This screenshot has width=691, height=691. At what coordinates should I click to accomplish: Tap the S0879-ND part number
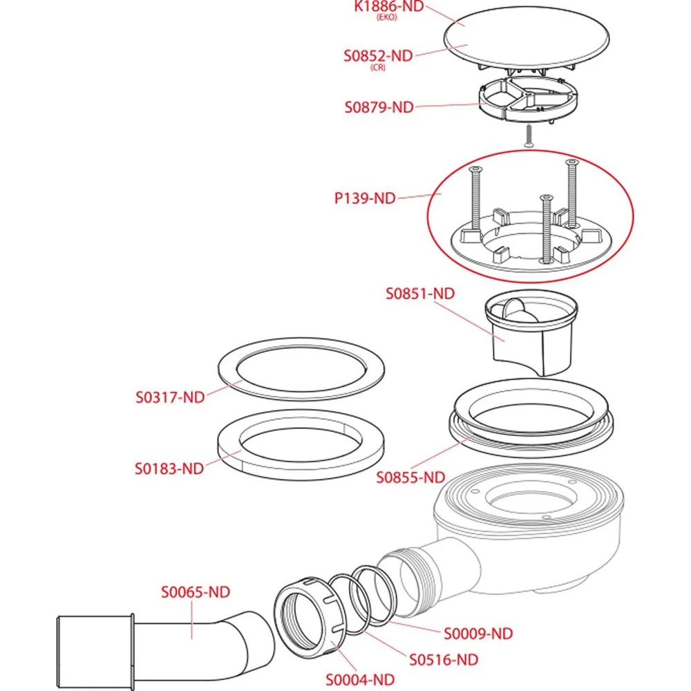tap(379, 107)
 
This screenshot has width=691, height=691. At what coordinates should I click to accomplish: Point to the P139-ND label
tap(364, 198)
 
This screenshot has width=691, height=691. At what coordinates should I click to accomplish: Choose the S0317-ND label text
tap(170, 397)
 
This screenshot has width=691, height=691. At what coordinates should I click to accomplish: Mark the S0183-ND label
tap(169, 468)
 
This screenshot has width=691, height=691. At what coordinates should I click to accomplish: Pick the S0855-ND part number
tap(410, 477)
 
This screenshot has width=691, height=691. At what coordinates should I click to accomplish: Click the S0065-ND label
tap(196, 591)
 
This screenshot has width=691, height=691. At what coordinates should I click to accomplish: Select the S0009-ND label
tap(478, 633)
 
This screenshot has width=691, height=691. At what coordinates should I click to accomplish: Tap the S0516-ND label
tap(444, 659)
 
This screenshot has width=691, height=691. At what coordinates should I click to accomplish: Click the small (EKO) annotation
tap(386, 19)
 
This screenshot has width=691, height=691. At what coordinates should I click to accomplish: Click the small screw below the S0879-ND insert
tap(528, 135)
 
